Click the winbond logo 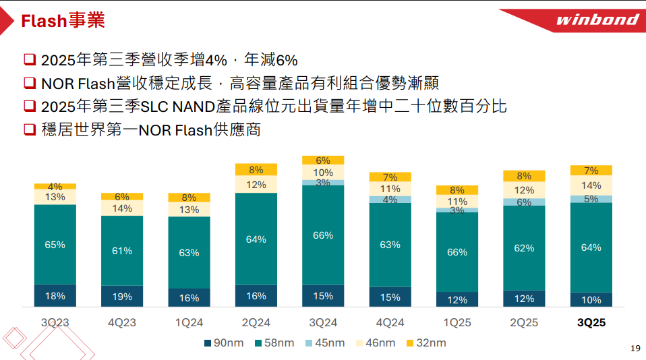[x=597, y=20]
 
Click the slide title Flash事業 [x=63, y=21]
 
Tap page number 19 [x=635, y=348]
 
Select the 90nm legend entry [x=224, y=343]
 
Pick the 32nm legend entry [x=426, y=343]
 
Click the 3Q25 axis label [x=591, y=323]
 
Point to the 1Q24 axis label [x=189, y=323]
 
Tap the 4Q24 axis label [x=390, y=323]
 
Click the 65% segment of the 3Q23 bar [x=55, y=245]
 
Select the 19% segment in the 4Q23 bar [x=122, y=296]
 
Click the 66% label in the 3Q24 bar [x=323, y=235]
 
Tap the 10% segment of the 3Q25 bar [x=591, y=300]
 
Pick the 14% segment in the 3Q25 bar [x=591, y=185]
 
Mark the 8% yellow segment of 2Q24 [x=256, y=170]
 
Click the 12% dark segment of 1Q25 [x=457, y=300]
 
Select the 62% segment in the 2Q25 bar [x=525, y=248]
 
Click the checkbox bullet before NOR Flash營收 [x=29, y=83]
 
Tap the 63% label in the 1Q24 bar [x=189, y=253]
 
